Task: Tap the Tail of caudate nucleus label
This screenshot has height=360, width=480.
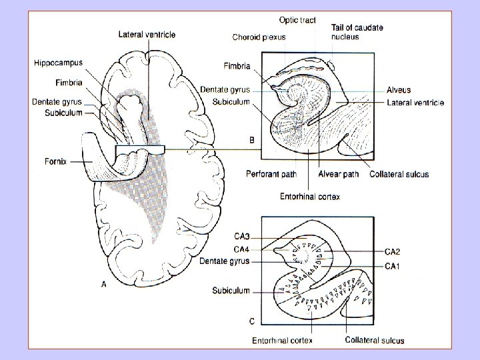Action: tap(357, 32)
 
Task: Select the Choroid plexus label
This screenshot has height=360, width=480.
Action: tap(259, 37)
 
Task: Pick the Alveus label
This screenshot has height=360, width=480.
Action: tap(399, 90)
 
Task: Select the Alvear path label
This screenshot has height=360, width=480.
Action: tap(339, 175)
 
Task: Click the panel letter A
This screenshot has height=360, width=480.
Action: tap(104, 285)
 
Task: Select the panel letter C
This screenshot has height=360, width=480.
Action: tap(251, 321)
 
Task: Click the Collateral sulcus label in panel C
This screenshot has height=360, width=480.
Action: tap(374, 340)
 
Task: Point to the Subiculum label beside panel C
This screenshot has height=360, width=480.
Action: tap(231, 291)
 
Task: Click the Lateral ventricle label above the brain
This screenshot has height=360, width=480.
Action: tap(147, 35)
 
